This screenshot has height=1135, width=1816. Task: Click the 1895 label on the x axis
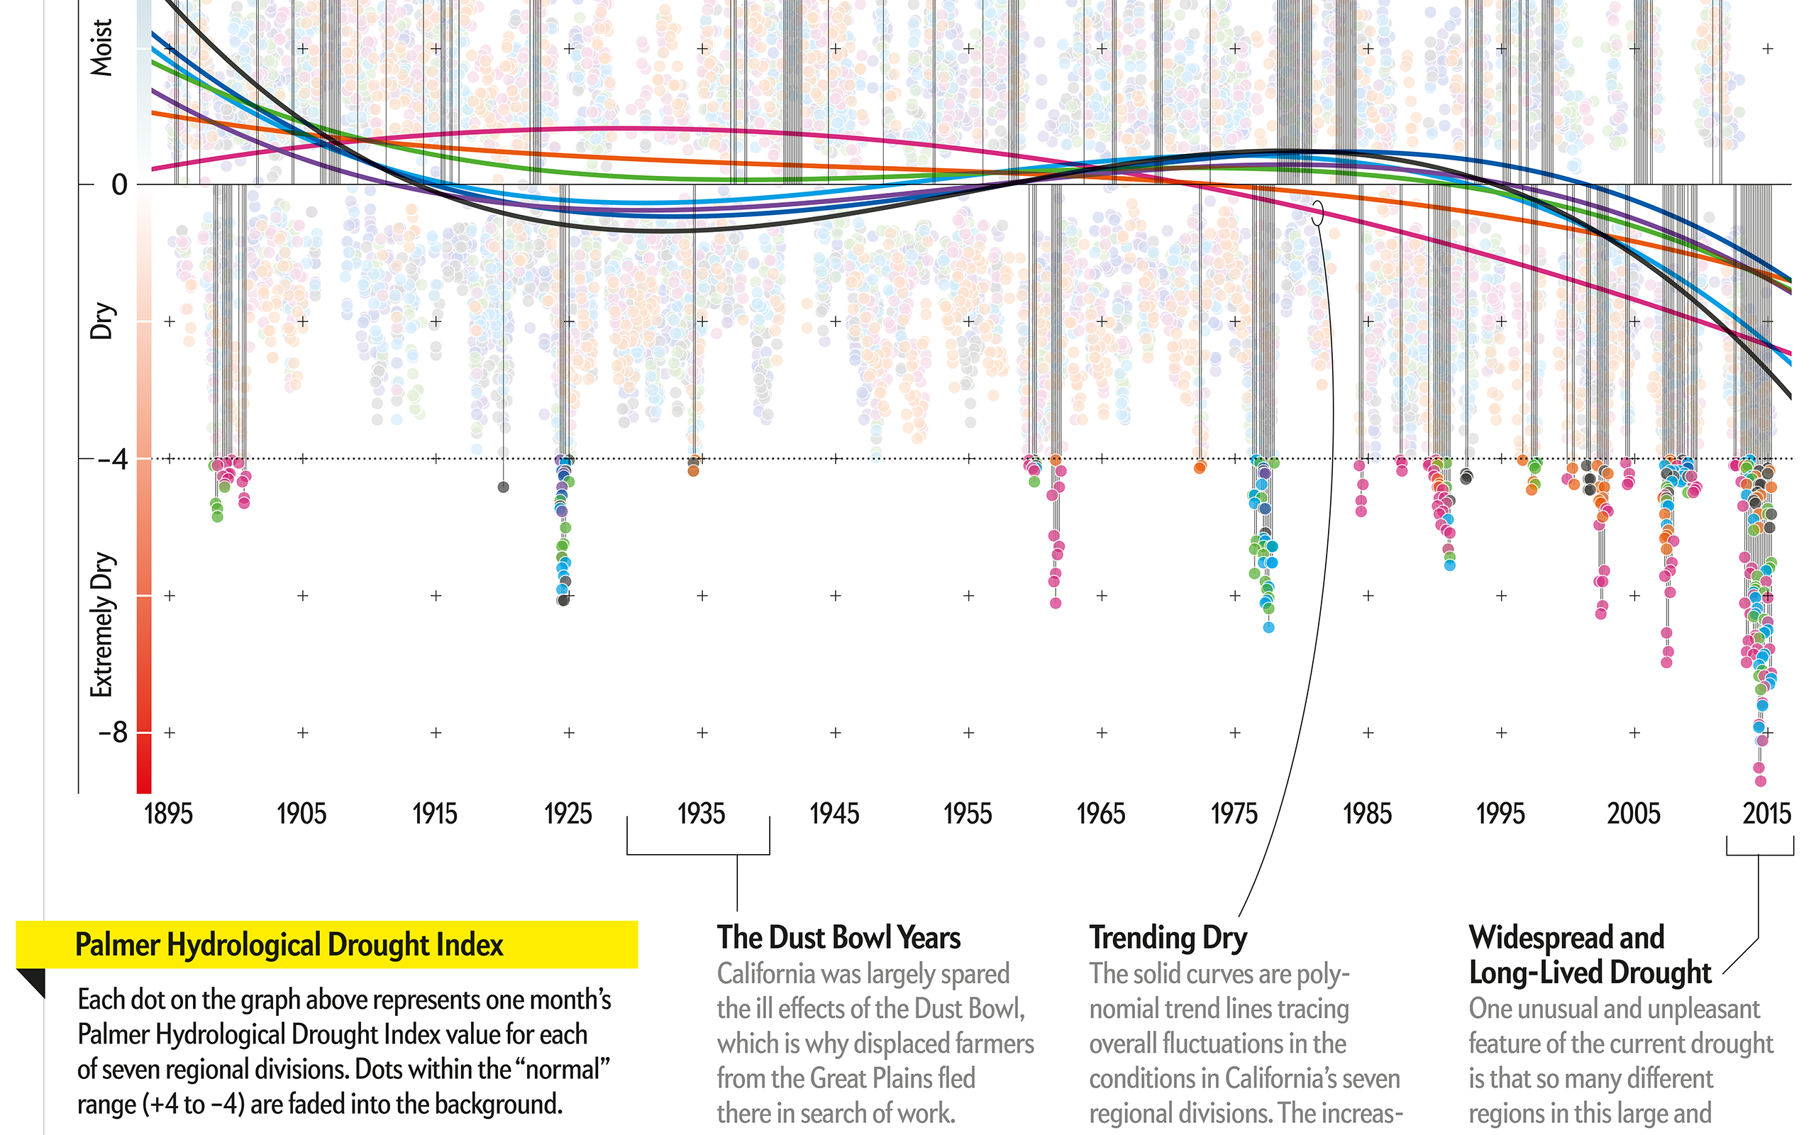(x=168, y=814)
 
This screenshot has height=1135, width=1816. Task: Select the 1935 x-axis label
(x=701, y=814)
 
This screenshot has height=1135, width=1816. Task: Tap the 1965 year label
(x=1101, y=814)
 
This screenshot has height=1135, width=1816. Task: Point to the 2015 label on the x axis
(x=1766, y=814)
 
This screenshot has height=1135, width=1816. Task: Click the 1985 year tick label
(x=1367, y=814)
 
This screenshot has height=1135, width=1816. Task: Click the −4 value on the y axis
(x=113, y=459)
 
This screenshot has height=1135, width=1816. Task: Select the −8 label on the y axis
(x=113, y=732)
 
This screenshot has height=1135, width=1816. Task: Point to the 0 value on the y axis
(x=119, y=184)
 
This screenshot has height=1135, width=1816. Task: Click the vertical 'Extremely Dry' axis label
(x=101, y=624)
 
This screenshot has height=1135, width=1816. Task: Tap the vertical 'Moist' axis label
(x=101, y=48)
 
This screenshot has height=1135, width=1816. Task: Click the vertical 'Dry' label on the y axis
(x=101, y=321)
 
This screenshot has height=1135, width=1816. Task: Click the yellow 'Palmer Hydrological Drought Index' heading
(x=289, y=944)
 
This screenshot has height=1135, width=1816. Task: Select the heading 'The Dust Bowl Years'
(x=838, y=938)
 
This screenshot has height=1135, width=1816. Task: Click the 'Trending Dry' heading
(x=1168, y=938)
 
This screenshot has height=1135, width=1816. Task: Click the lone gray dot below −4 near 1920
(x=504, y=487)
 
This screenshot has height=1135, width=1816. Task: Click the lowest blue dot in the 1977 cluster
(x=1268, y=628)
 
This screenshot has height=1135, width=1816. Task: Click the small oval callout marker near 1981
(x=1318, y=212)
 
